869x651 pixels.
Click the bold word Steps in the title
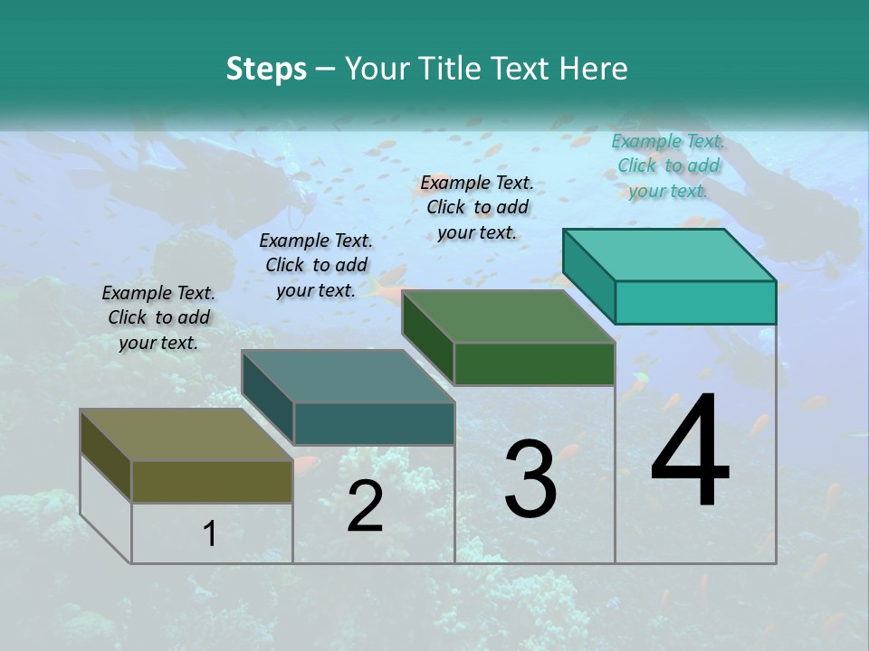tap(266, 69)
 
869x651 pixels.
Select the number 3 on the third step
tap(530, 479)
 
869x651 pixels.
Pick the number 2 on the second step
tap(365, 506)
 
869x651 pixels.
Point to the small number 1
tap(210, 533)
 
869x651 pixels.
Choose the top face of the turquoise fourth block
tap(670, 254)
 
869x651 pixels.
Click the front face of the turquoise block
tap(695, 302)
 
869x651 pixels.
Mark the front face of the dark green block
tap(534, 363)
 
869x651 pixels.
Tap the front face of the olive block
tap(212, 481)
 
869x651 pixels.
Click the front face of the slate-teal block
tap(374, 423)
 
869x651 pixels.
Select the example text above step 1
tap(158, 317)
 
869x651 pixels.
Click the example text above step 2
tap(316, 265)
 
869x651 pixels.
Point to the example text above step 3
tap(477, 207)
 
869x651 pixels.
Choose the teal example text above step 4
tap(668, 165)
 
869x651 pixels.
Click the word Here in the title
tap(596, 69)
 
